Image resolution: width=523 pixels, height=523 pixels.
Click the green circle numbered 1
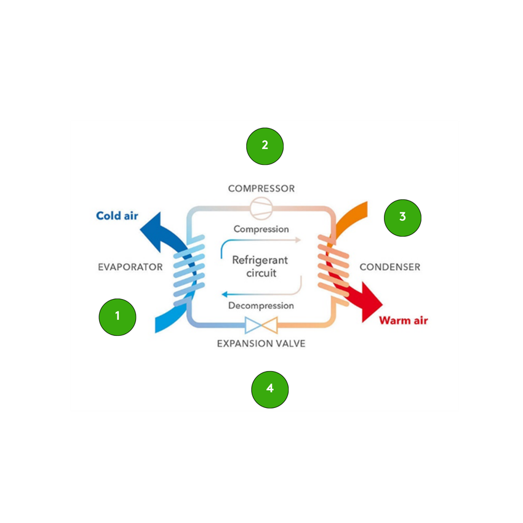coord(118,317)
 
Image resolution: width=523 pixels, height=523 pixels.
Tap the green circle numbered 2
coord(265,146)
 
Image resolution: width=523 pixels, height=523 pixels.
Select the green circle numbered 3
coord(402,217)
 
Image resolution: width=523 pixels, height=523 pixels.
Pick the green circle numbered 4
coord(270,389)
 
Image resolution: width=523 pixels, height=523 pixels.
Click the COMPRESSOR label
coord(261,188)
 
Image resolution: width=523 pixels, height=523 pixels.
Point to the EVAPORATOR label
coord(130,267)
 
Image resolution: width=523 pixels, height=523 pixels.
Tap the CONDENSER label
coord(389,267)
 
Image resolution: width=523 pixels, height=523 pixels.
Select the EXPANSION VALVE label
coord(261,343)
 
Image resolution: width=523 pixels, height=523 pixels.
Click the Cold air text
coord(117,216)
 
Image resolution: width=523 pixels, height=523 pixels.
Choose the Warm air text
coord(403,320)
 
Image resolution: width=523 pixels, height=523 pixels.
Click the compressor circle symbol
coord(260,207)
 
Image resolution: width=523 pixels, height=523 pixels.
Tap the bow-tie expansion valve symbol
coord(261,324)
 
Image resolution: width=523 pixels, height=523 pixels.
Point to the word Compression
coord(261,229)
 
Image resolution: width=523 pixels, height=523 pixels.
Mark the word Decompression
coord(261,305)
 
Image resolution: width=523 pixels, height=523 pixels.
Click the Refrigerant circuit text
coord(260,266)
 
